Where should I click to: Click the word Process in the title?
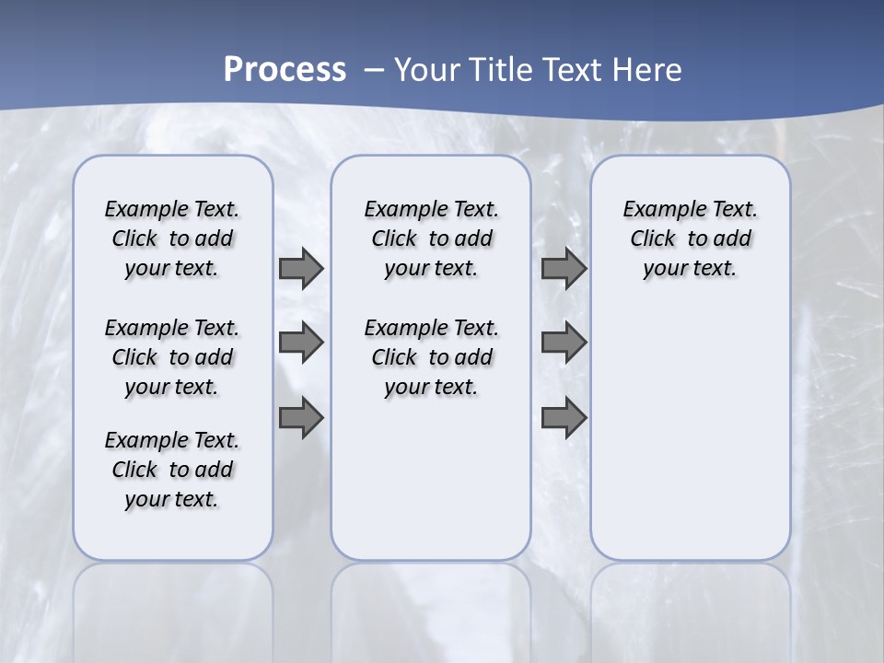pyautogui.click(x=285, y=70)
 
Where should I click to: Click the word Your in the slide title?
pyautogui.click(x=428, y=70)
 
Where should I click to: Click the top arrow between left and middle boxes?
pyautogui.click(x=301, y=269)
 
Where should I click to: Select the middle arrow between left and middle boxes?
pyautogui.click(x=301, y=343)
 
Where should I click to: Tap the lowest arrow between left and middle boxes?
pyautogui.click(x=301, y=416)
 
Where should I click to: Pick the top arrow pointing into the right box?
pyautogui.click(x=564, y=269)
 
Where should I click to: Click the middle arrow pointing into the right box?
pyautogui.click(x=564, y=343)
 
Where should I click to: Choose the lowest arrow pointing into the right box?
pyautogui.click(x=564, y=416)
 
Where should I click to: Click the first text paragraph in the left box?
pyautogui.click(x=172, y=238)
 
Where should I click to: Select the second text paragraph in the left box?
pyautogui.click(x=172, y=357)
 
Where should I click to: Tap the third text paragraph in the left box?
pyautogui.click(x=172, y=470)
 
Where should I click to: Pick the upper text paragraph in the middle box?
pyautogui.click(x=431, y=238)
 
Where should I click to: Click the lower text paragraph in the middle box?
pyautogui.click(x=431, y=357)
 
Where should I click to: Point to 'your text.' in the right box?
pyautogui.click(x=690, y=269)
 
